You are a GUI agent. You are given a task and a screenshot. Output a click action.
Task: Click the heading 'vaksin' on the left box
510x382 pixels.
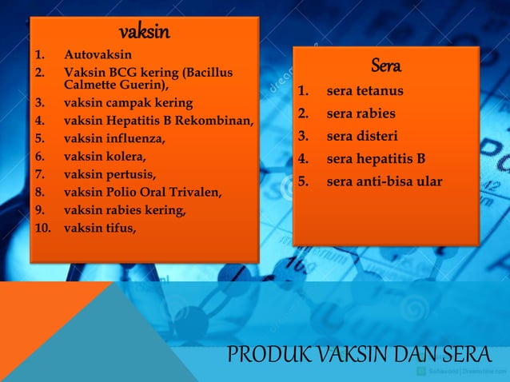tap(144, 32)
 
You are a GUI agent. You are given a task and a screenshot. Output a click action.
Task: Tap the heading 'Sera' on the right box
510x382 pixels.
tap(385, 65)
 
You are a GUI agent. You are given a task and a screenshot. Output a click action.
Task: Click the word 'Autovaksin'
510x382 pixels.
tap(98, 54)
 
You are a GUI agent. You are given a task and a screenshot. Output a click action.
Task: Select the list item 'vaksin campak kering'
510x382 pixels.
tap(128, 104)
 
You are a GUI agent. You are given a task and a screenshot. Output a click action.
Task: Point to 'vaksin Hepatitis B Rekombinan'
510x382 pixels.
tap(158, 121)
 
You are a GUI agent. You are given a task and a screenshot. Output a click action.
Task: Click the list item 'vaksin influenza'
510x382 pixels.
tap(114, 138)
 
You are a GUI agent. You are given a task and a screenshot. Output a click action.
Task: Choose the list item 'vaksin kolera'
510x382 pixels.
tap(105, 156)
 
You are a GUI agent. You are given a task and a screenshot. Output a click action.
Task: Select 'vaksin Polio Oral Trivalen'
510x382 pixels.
tap(143, 192)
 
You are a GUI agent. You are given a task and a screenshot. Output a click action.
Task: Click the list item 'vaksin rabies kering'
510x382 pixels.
tap(125, 210)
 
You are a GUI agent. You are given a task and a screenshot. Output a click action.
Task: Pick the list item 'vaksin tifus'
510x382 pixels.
tap(100, 228)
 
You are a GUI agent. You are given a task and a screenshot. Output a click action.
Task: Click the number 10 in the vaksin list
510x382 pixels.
tap(42, 228)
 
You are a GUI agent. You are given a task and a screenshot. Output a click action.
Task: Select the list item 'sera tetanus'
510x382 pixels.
tap(365, 91)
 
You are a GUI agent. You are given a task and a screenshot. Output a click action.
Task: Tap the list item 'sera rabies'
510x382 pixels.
tap(361, 113)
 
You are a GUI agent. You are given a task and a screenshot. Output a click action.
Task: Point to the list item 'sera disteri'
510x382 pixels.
tap(361, 136)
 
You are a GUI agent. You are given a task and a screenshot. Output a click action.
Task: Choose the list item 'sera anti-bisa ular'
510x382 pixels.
tap(384, 181)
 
